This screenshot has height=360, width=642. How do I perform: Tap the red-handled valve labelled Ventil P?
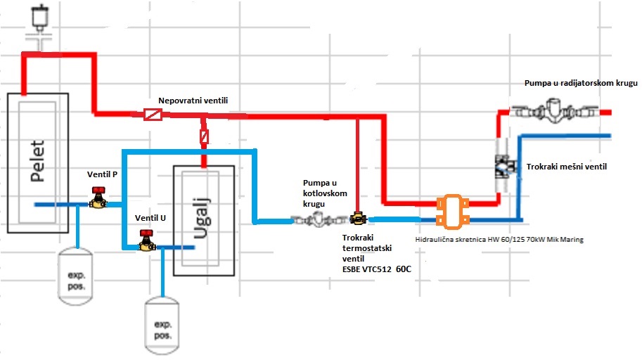tap(99, 198)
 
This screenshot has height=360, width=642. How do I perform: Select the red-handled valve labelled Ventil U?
tap(146, 240)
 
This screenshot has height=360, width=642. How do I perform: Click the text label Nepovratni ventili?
tap(193, 101)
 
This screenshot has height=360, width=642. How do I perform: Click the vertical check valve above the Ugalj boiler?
tap(204, 136)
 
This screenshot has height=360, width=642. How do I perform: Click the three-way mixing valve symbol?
tap(503, 167)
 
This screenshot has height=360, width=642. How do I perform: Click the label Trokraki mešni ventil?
tap(567, 167)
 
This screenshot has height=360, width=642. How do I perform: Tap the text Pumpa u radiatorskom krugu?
tap(580, 83)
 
